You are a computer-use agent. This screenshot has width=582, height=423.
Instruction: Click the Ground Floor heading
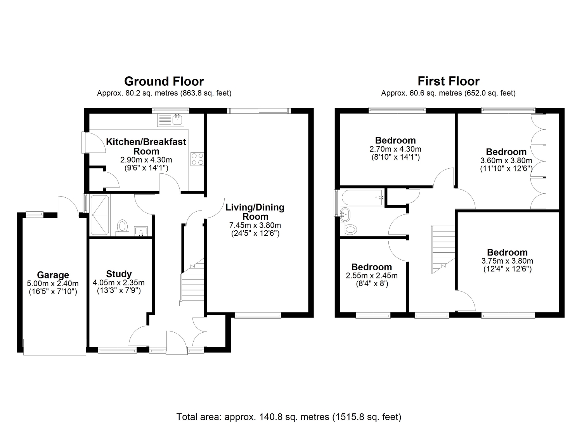click(x=164, y=81)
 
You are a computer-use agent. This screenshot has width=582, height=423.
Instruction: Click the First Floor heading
click(x=449, y=81)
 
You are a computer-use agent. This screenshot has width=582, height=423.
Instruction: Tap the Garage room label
click(x=53, y=275)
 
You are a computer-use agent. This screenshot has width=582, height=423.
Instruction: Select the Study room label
click(x=119, y=274)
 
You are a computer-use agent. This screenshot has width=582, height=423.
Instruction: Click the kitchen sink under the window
click(x=171, y=120)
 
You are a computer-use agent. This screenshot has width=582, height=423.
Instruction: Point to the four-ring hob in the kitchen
click(x=197, y=159)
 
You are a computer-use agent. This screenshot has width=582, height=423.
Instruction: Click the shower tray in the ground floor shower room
click(x=100, y=215)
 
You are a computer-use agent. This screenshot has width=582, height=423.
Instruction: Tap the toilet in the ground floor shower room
click(x=122, y=228)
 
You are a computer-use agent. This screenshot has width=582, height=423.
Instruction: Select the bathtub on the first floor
click(x=363, y=198)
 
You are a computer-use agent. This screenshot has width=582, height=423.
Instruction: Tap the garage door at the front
click(x=55, y=347)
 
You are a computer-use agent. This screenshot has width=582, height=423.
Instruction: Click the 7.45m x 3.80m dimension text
click(x=255, y=225)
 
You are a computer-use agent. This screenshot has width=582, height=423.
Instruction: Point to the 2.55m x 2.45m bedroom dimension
click(x=372, y=276)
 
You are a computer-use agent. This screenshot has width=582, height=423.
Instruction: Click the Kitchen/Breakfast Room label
click(x=146, y=147)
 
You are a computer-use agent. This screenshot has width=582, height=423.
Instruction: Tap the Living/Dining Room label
click(x=255, y=212)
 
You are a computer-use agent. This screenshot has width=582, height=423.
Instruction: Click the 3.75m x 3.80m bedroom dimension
click(x=507, y=261)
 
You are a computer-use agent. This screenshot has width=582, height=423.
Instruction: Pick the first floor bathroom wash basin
click(x=345, y=214)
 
